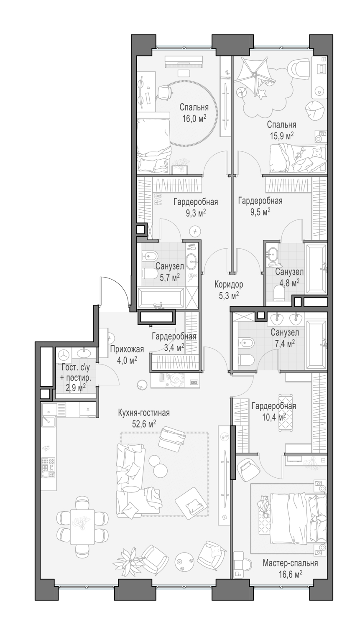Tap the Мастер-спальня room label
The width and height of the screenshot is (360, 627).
[x=290, y=563]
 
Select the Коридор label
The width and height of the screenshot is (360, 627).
[x=229, y=285]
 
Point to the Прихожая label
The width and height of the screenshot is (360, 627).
[x=127, y=349]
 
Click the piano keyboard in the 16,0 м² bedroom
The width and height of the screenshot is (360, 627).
[x=184, y=61]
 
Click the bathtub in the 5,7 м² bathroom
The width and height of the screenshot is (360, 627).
[x=161, y=298]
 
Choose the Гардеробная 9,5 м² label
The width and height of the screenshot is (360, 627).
[x=260, y=206]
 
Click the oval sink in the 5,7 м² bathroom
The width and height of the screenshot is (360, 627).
[x=192, y=261]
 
